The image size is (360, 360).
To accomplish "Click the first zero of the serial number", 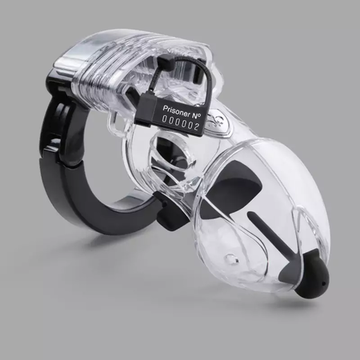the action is click(x=165, y=118).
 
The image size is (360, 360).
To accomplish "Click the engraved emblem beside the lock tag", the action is click(x=214, y=118).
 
